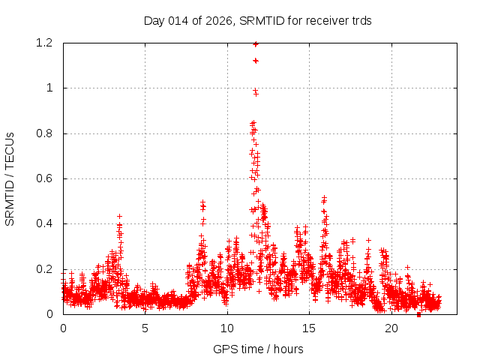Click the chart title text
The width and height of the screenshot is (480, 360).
257,21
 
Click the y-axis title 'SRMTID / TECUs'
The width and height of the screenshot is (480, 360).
10,178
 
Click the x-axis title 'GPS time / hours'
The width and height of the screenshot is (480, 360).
257,349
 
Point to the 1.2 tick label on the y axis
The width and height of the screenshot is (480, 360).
44,43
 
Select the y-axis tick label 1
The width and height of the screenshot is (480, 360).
49,88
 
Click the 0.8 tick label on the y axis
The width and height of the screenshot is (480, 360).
44,133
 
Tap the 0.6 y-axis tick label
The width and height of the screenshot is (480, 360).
44,178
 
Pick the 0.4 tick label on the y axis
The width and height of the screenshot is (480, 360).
44,223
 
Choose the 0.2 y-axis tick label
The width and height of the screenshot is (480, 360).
44,269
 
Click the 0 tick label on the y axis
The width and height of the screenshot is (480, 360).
49,314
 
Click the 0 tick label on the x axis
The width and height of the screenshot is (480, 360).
63,328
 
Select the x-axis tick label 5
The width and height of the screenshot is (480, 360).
145,328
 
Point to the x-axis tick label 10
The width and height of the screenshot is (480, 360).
227,328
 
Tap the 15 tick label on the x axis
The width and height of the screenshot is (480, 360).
310,328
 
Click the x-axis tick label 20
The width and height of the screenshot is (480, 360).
391,328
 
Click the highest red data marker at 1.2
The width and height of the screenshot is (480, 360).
256,43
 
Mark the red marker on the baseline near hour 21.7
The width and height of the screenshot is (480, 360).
418,314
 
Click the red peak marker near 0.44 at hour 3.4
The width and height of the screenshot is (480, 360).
119,216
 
